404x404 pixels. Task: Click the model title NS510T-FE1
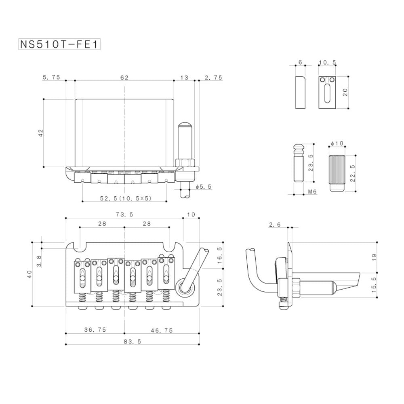(x=59, y=44)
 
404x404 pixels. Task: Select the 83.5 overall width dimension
(x=133, y=341)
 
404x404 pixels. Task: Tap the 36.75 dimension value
(x=95, y=330)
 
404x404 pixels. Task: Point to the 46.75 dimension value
(x=162, y=330)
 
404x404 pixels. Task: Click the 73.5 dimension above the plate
(x=124, y=215)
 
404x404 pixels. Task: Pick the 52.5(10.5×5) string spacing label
(x=126, y=198)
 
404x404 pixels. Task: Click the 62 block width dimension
(x=124, y=78)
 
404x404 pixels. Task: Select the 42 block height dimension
(x=41, y=133)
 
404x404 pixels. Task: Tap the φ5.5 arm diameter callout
(x=204, y=187)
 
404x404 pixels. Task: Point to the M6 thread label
(x=312, y=191)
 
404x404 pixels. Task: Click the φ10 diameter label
(x=337, y=143)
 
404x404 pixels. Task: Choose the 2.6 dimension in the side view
(x=275, y=225)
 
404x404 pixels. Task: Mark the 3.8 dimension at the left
(x=39, y=261)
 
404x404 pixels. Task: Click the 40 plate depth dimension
(x=29, y=274)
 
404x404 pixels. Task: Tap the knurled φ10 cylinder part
(x=337, y=173)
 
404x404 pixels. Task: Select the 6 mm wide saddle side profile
(x=301, y=92)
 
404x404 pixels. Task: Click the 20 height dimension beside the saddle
(x=345, y=92)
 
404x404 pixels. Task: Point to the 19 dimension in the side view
(x=374, y=257)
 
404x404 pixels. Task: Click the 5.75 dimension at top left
(x=51, y=77)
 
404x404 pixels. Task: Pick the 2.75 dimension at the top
(x=213, y=78)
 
